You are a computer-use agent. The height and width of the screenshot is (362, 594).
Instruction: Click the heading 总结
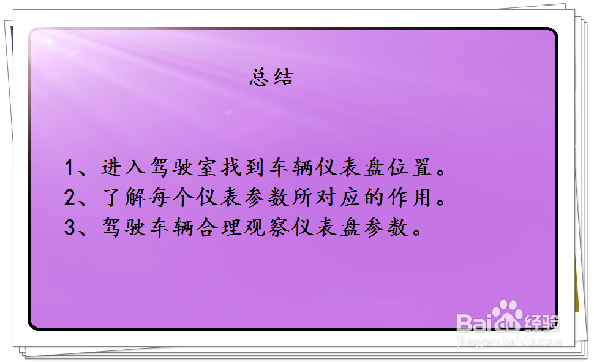pyautogui.click(x=271, y=78)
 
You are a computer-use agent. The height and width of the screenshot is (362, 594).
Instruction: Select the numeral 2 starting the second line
pyautogui.click(x=70, y=198)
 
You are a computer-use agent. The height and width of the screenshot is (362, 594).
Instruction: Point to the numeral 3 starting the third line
pyautogui.click(x=70, y=228)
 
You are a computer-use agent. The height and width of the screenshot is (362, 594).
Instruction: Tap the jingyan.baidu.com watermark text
pyautogui.click(x=509, y=342)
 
